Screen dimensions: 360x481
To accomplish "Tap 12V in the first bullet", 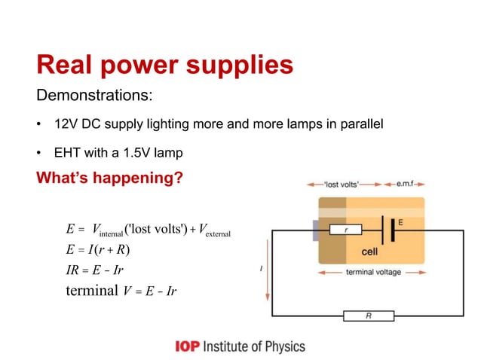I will (66, 124).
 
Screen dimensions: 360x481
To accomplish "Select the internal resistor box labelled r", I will (346, 230).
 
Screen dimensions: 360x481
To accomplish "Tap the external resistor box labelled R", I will (368, 316).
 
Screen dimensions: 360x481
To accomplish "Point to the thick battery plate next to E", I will (392, 230).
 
